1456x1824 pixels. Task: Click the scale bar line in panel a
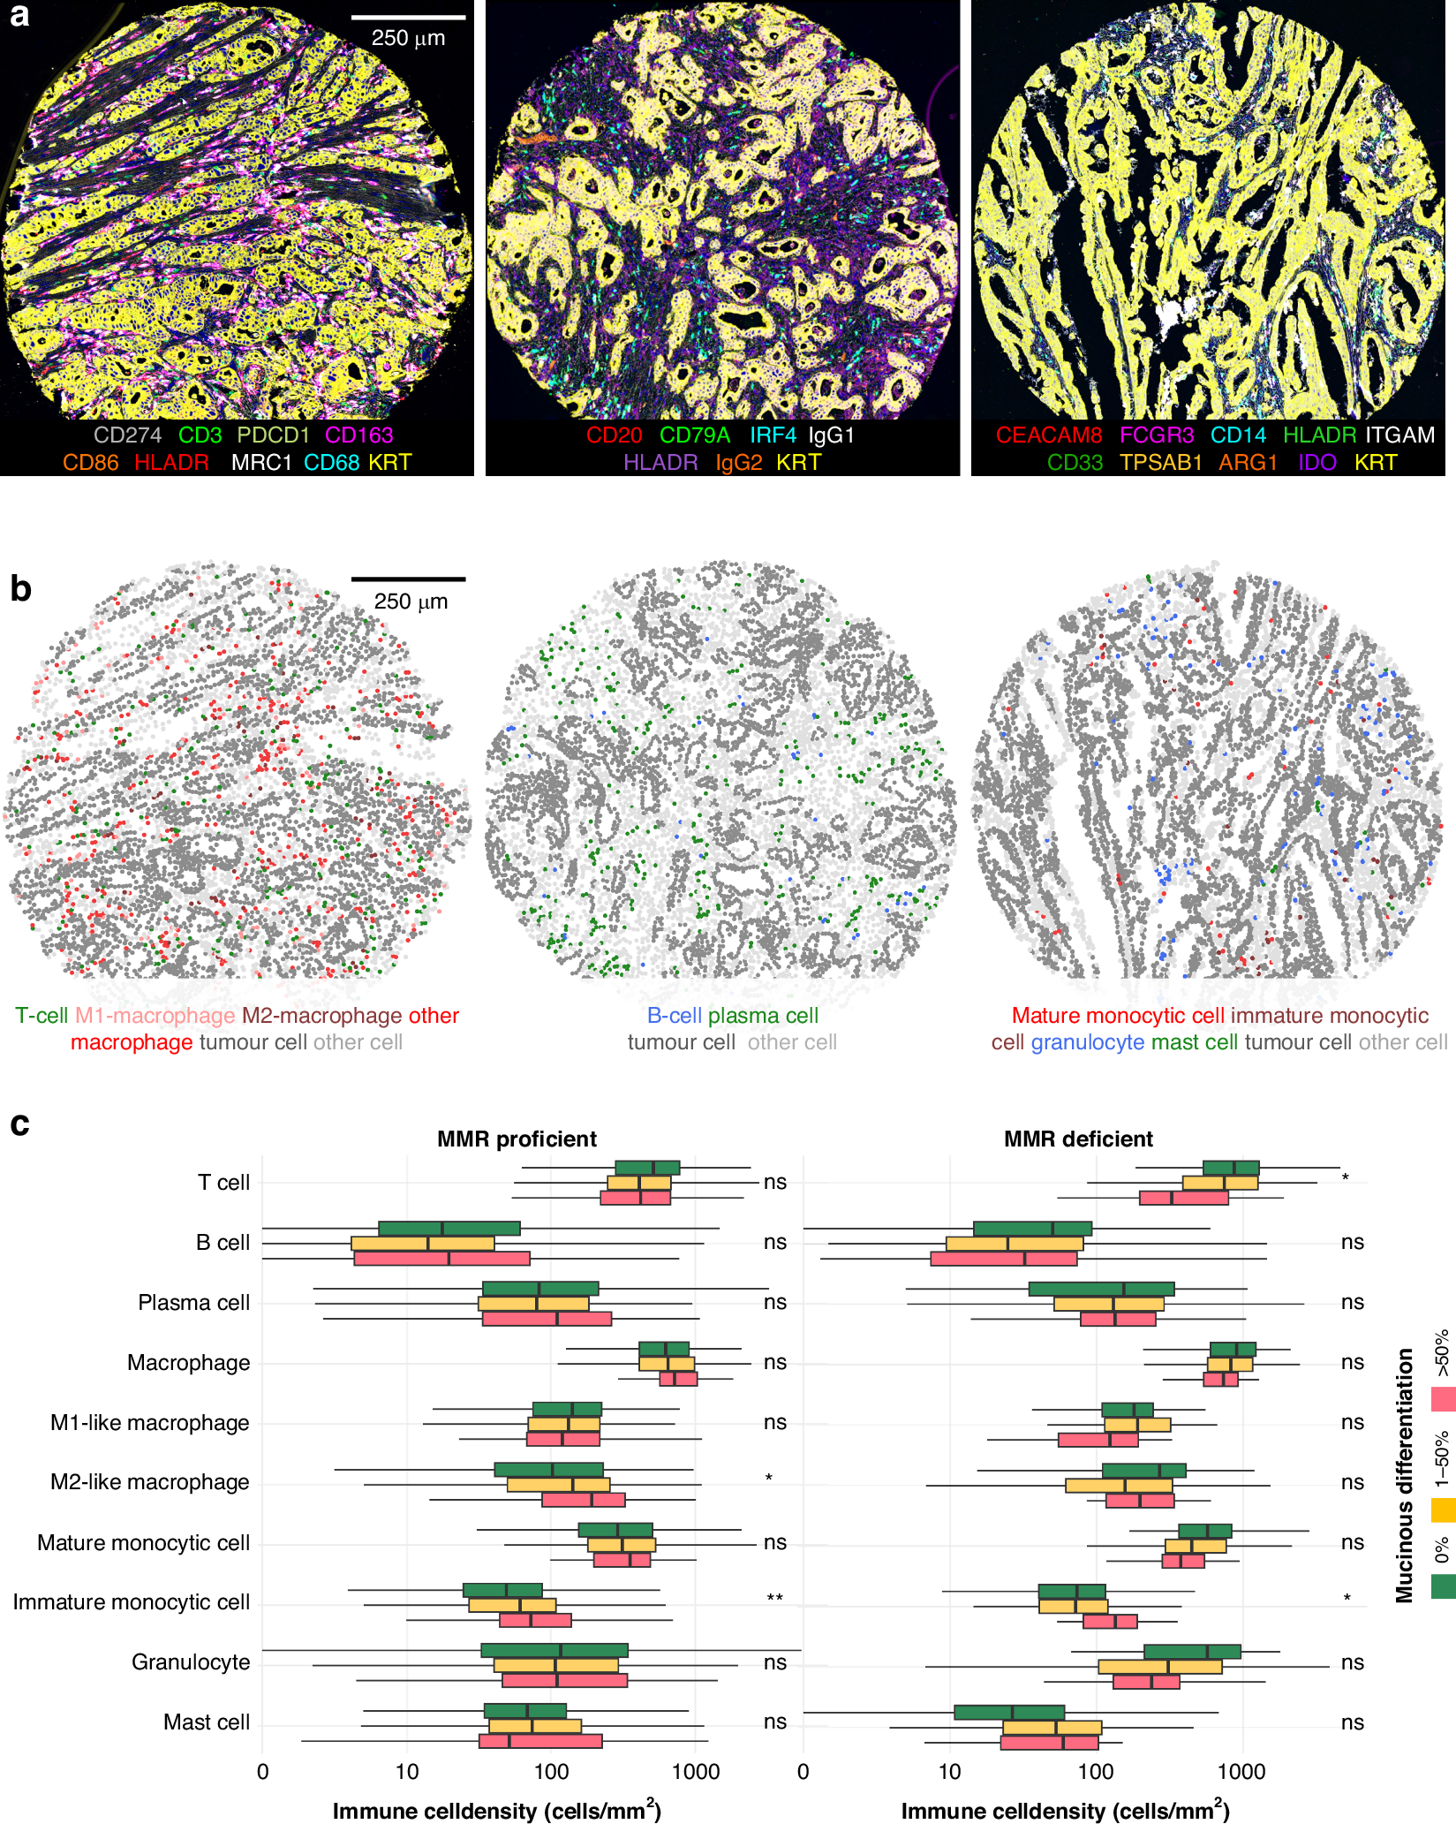[408, 17]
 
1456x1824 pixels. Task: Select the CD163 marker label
[358, 435]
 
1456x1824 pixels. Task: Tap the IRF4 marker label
[773, 435]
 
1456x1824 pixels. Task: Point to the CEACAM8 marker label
[1049, 435]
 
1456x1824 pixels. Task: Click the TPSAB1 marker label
[1161, 463]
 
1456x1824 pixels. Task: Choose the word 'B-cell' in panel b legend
[675, 1016]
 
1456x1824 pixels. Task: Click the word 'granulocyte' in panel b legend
[1088, 1042]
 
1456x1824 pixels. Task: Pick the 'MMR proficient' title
[517, 1139]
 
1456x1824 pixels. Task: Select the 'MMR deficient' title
[1078, 1139]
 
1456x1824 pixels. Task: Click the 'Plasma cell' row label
[194, 1303]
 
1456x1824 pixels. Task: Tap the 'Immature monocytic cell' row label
[132, 1602]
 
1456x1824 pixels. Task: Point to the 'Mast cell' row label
[207, 1722]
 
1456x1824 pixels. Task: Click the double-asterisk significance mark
[775, 1599]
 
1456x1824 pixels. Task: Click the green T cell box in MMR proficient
[647, 1168]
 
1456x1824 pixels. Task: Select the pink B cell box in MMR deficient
[1004, 1259]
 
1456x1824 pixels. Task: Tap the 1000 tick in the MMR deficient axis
[1241, 1771]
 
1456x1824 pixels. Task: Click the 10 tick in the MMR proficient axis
[407, 1771]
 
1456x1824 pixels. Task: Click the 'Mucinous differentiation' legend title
[1404, 1475]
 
